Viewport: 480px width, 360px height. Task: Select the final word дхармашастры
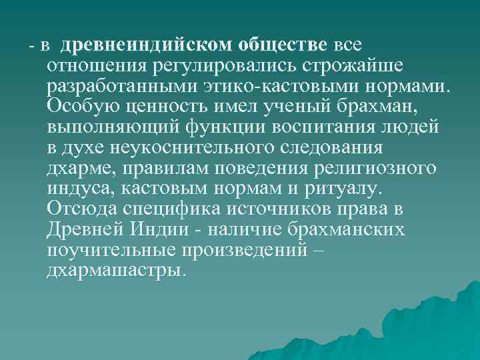(x=114, y=271)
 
